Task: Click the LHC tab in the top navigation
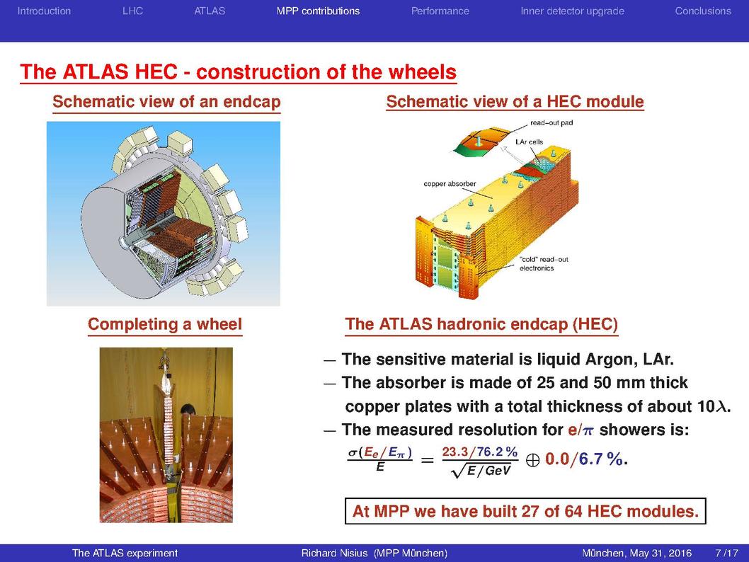(x=133, y=11)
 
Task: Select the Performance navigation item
(x=440, y=11)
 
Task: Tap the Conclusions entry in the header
(x=703, y=11)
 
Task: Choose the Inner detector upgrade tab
(x=572, y=11)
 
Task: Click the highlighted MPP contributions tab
(x=318, y=11)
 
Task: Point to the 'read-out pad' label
(x=551, y=122)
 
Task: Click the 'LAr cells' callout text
(x=529, y=142)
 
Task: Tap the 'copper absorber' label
(x=450, y=184)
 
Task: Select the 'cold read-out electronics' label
(x=544, y=264)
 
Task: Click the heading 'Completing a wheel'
(x=165, y=324)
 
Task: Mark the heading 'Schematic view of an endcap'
(x=166, y=102)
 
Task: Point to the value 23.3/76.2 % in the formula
(x=479, y=452)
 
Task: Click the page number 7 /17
(x=726, y=553)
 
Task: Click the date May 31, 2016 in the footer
(x=661, y=554)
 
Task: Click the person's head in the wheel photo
(x=189, y=410)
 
